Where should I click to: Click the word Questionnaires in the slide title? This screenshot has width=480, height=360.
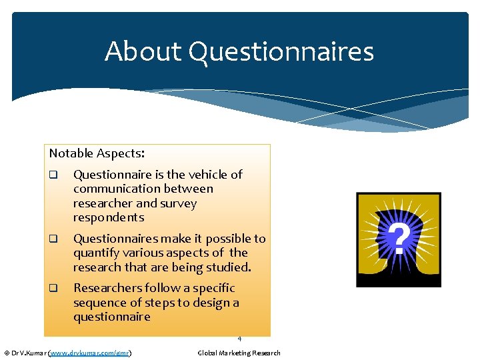281,52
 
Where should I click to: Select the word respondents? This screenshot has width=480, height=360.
109,217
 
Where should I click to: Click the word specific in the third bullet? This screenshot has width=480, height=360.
211,288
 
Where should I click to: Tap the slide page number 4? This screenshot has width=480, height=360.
239,339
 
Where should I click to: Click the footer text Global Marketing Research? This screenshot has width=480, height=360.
239,353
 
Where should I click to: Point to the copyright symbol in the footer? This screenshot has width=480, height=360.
7,353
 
